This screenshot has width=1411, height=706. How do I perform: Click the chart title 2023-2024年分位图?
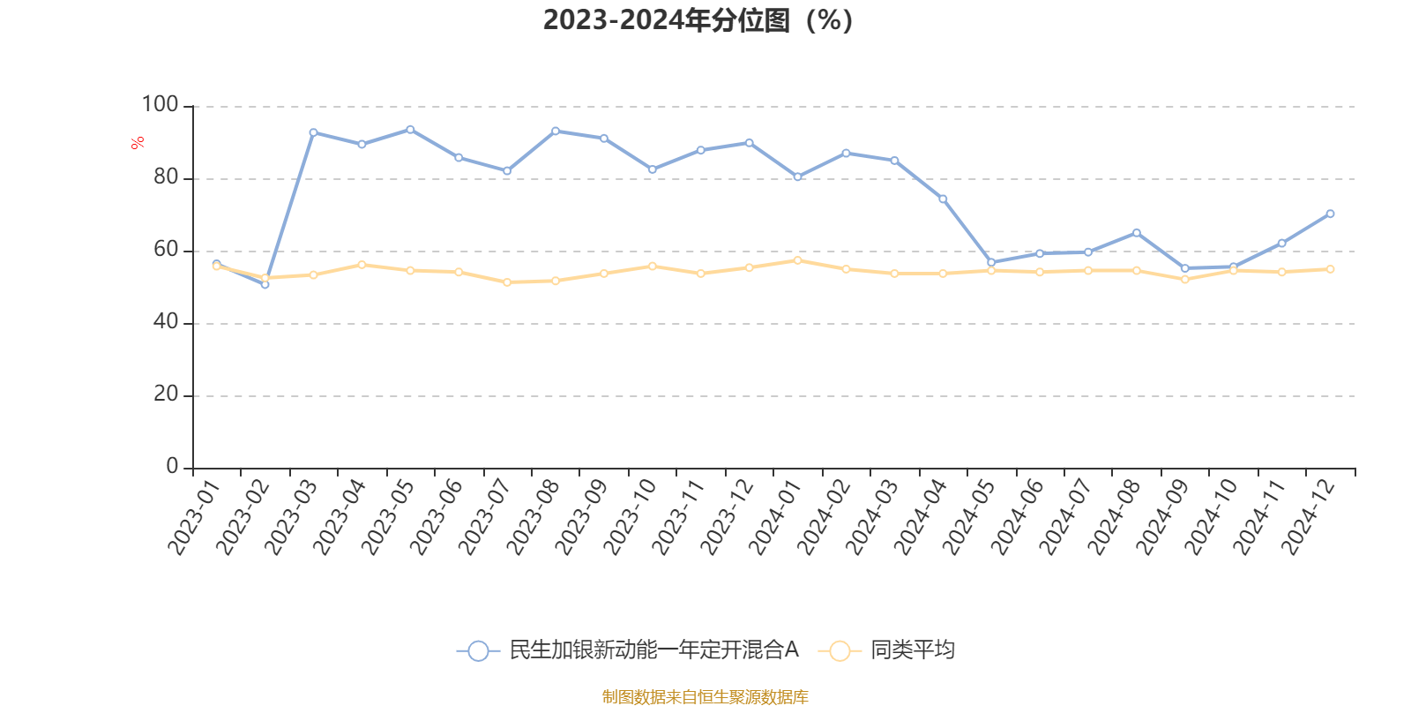tap(698, 19)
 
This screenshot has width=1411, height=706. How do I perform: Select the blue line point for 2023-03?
tap(313, 132)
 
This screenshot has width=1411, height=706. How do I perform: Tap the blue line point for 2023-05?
tap(410, 130)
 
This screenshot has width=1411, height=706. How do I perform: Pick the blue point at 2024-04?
tap(943, 199)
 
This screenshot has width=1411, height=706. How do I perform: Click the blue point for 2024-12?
tap(1330, 214)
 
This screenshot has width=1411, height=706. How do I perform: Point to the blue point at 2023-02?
tap(265, 284)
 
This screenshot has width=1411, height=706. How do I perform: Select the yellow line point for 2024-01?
tap(797, 260)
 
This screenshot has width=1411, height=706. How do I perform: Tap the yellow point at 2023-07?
tap(507, 282)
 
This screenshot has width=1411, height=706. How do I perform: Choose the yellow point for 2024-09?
tap(1184, 279)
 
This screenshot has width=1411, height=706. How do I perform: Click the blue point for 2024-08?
tap(1136, 233)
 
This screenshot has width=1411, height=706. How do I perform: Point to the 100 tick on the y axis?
tap(160, 105)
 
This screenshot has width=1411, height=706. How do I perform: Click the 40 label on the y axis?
tap(166, 322)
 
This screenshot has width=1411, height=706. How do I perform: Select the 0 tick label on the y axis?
tap(173, 467)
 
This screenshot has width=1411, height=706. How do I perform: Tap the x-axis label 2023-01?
tap(192, 517)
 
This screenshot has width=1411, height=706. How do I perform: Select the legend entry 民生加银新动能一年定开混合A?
tap(653, 650)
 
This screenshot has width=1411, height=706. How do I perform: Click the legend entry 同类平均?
tap(912, 650)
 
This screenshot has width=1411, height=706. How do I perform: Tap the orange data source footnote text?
tap(705, 697)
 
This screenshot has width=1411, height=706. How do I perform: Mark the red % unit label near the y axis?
tap(137, 143)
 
